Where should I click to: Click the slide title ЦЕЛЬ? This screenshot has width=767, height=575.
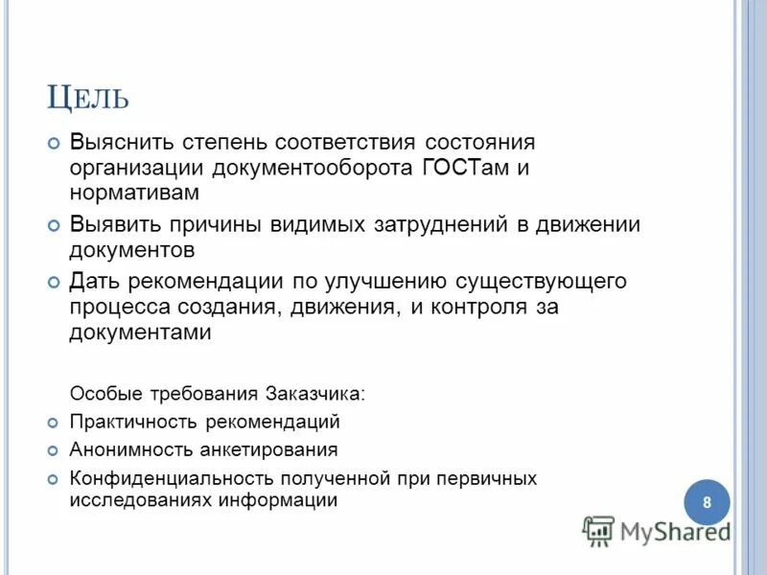87,99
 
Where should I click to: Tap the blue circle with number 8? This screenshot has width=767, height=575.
707,503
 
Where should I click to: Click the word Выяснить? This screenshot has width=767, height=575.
119,143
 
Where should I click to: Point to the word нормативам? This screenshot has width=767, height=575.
133,193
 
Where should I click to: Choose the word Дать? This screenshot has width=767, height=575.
94,283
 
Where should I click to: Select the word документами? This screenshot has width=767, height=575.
139,333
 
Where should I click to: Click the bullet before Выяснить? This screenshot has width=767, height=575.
54,143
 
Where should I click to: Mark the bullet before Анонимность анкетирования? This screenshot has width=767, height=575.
54,449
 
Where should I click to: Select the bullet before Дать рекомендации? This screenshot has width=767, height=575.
54,283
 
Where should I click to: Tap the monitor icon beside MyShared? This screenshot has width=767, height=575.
598,531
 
